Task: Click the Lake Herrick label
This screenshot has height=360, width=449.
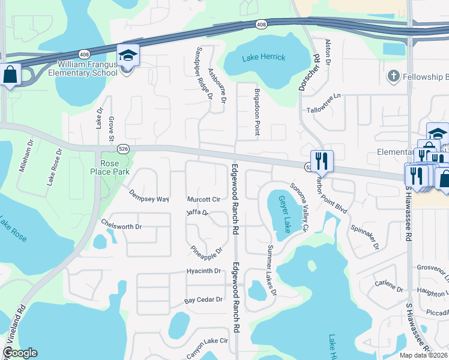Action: click(264, 58)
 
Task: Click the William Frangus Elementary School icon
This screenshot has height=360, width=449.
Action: click(127, 56)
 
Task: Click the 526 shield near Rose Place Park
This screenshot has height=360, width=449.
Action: click(123, 148)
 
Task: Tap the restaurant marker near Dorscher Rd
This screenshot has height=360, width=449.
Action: click(322, 161)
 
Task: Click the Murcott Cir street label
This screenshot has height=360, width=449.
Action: click(204, 199)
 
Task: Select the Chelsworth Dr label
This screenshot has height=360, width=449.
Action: click(121, 227)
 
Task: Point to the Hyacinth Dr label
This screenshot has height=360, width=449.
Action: click(204, 271)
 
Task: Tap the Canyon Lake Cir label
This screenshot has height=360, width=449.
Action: click(207, 347)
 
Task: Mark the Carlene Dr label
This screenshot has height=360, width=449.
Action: click(389, 286)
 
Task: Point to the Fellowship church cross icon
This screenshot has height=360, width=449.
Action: click(393, 76)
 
